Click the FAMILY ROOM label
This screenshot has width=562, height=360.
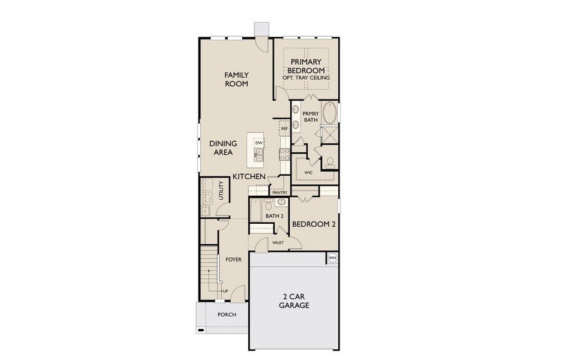236,79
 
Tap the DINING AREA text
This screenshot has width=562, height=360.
223,148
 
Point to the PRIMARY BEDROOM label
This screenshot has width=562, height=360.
306,66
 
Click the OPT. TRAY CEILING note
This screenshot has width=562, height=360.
306,77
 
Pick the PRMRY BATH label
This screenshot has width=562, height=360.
310,116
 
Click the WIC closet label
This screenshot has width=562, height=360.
308,172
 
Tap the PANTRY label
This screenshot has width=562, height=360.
280,193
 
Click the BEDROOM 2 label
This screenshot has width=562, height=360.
313,224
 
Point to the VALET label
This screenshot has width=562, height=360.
278,242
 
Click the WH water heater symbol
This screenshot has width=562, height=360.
332,258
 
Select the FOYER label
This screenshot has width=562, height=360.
233,259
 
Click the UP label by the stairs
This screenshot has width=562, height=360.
226,292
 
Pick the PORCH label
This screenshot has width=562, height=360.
226,314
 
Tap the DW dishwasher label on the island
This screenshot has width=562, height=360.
259,142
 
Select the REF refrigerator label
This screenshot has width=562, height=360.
284,128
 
